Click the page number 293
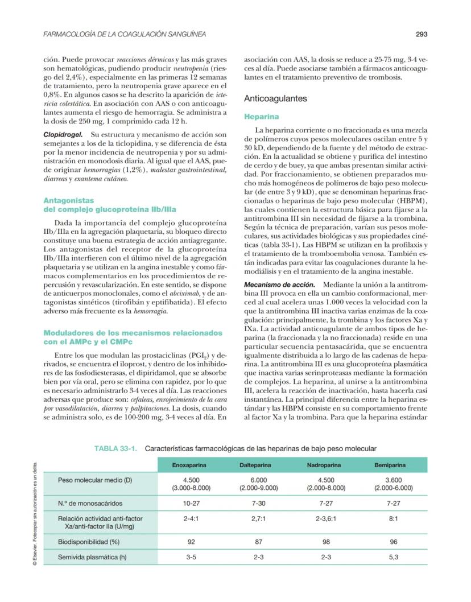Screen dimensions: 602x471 [x=422, y=35]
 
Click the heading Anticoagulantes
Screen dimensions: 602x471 [x=275, y=98]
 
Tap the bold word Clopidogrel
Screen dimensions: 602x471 [x=63, y=134]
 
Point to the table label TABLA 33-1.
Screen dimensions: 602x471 [x=116, y=448]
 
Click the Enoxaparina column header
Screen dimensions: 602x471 [x=189, y=465]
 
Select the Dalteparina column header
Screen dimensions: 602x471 [x=257, y=465]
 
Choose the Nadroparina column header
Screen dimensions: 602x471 [x=325, y=465]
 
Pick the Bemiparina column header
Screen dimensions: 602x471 [x=393, y=465]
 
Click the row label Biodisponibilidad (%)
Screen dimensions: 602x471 [x=91, y=542]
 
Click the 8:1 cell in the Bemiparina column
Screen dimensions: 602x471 [x=393, y=519]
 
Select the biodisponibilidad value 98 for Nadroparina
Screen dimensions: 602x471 [x=325, y=542]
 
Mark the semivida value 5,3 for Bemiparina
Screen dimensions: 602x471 [x=393, y=557]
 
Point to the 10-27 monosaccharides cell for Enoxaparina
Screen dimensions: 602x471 [x=189, y=504]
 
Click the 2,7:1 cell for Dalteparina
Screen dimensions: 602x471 [x=257, y=519]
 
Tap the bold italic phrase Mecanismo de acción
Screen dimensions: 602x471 [x=279, y=284]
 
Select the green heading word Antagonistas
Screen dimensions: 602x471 [x=68, y=200]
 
